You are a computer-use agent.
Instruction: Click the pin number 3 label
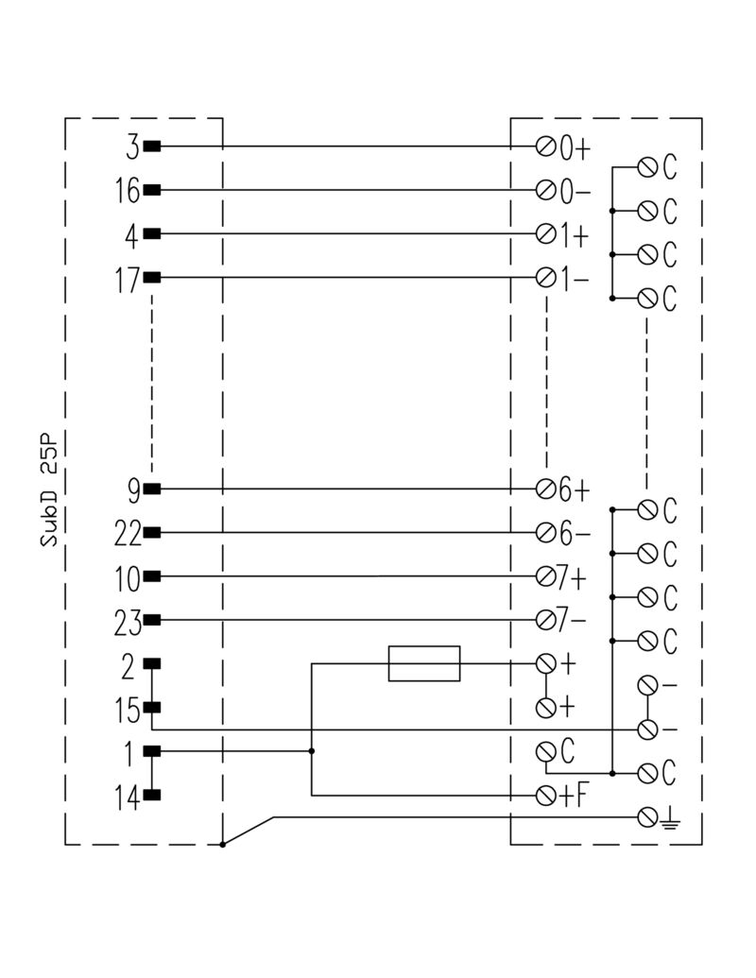132,147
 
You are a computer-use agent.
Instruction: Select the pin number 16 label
128,191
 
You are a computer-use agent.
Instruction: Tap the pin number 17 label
128,279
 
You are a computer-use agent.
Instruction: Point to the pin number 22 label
128,534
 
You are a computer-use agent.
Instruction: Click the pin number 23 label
128,622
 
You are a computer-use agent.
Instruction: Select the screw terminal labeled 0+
545,146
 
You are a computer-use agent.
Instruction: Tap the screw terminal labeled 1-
545,278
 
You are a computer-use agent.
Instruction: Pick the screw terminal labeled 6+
545,489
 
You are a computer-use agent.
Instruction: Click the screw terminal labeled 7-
545,620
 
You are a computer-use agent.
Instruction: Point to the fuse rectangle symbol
424,663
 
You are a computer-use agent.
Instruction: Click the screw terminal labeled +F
545,795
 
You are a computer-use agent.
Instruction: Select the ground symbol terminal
647,816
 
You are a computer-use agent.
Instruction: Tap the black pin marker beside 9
151,489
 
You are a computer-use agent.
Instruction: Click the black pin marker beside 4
151,234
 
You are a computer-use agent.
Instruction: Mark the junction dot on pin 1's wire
312,751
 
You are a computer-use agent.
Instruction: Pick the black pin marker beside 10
151,576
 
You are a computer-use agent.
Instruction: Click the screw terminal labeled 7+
545,576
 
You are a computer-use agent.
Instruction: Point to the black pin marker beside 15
151,707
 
